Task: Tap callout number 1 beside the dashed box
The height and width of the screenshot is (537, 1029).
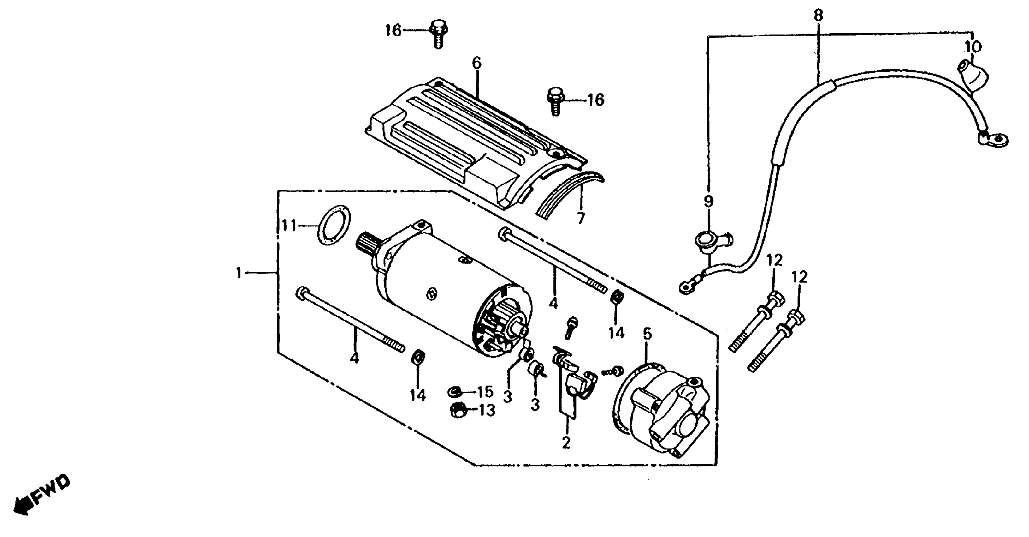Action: [239, 274]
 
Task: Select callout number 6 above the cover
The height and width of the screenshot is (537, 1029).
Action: [476, 63]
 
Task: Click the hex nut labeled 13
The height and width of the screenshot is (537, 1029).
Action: [456, 410]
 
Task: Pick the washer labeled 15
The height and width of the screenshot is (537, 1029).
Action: [455, 391]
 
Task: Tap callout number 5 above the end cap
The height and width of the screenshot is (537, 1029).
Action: [647, 334]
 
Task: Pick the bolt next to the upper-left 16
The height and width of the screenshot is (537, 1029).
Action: [438, 33]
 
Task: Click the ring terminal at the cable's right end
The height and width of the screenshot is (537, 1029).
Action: [994, 140]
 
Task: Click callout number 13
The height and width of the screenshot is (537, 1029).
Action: [486, 410]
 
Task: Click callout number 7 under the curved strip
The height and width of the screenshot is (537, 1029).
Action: [580, 218]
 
